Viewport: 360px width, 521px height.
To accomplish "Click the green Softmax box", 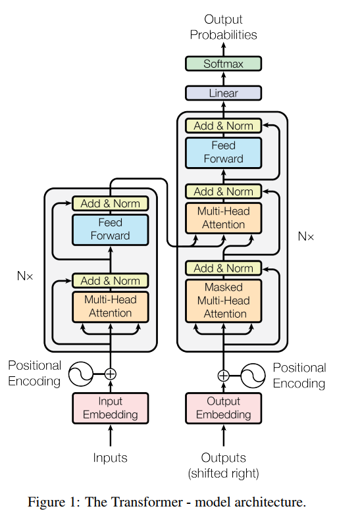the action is coord(223,63).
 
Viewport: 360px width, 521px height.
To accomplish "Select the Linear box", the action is coord(223,93).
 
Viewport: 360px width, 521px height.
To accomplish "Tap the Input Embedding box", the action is coord(111,408).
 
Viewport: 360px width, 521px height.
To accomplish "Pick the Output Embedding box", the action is coord(223,408).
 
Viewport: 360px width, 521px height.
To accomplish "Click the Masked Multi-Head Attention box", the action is coord(223,301).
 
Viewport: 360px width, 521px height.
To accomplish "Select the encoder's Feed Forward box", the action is coord(111,230).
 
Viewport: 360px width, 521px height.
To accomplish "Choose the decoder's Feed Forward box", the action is coord(223,153).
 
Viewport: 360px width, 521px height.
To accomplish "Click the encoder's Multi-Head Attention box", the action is coord(111,307).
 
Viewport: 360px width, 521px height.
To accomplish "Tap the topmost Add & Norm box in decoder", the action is coord(223,126).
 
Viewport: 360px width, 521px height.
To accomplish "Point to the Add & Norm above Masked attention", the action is coord(223,268).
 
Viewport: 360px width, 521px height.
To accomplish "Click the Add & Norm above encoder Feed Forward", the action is coord(111,203).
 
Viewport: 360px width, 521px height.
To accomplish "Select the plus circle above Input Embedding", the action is coord(111,374).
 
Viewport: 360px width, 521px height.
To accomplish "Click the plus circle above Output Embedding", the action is coord(223,376).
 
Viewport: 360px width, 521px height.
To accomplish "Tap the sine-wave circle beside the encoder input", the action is coord(81,374).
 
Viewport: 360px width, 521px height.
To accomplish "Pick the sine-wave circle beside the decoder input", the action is coord(253,376).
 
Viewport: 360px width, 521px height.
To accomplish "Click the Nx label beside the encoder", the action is coord(25,276).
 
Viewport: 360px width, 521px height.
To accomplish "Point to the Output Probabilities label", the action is coord(223,27).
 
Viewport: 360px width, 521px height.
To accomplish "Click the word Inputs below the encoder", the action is coord(111,458).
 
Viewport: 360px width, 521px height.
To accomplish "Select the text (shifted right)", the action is coord(223,474).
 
